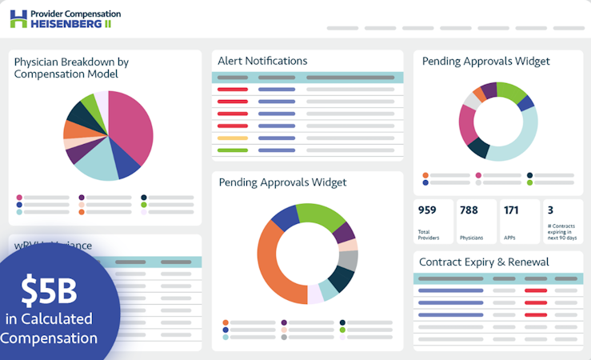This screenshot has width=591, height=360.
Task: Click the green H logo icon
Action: (18, 18)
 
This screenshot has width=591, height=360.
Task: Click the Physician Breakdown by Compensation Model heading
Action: (71, 67)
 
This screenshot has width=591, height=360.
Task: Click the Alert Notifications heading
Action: (262, 61)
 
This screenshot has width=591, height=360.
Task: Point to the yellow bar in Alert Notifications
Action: (233, 138)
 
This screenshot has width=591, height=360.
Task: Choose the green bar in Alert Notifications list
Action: (233, 150)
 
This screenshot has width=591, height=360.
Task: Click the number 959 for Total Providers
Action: (427, 210)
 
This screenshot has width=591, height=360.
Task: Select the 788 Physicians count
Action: (469, 210)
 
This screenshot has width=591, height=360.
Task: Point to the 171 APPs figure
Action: (511, 210)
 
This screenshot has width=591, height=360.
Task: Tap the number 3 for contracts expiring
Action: (550, 210)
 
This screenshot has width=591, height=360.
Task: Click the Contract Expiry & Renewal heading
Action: (484, 262)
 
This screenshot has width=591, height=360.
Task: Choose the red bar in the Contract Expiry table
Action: (535, 290)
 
